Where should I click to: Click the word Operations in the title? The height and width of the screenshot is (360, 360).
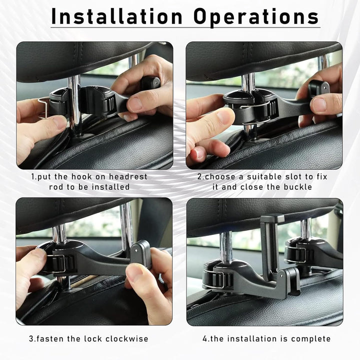257,16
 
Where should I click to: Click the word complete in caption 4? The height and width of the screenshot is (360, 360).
310,339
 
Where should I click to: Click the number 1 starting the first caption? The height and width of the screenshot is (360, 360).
33,176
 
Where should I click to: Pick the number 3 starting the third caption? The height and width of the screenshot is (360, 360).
31,339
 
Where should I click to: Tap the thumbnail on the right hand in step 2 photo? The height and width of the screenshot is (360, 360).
319,104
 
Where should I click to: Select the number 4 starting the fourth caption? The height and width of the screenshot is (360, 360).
205,339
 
